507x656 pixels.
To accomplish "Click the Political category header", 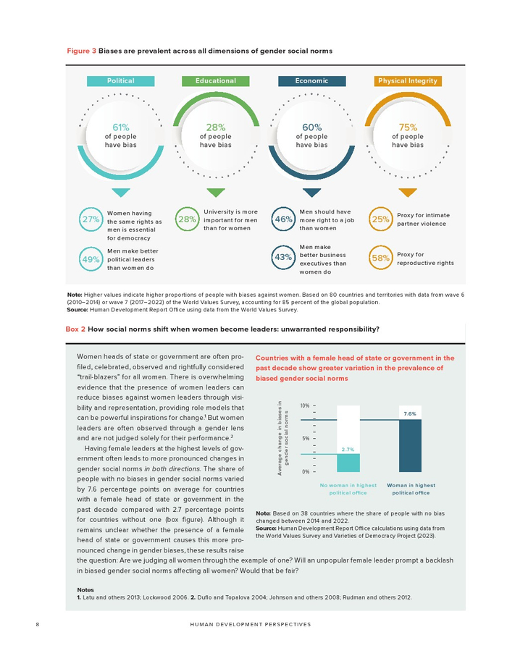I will pos(121,81).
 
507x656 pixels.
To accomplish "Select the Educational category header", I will pos(215,81).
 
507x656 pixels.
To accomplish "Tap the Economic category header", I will pos(311,81).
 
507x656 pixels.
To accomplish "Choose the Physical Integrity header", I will pos(408,81).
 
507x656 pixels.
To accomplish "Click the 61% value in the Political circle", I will pos(121,127).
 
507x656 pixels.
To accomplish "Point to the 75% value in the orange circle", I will pos(408,127).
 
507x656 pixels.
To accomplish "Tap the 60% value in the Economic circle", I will pos(311,127).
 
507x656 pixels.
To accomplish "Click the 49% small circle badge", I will pos(91,259).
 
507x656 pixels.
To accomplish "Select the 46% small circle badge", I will pos(284,219).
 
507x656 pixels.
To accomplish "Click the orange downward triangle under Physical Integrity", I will pos(408,193).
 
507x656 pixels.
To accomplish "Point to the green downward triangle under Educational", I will pos(215,193).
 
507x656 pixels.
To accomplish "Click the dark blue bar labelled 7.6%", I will pos(411,445).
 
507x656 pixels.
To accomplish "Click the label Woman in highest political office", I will pos(411,489).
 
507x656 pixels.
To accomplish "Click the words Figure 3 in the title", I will pos(81,51).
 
